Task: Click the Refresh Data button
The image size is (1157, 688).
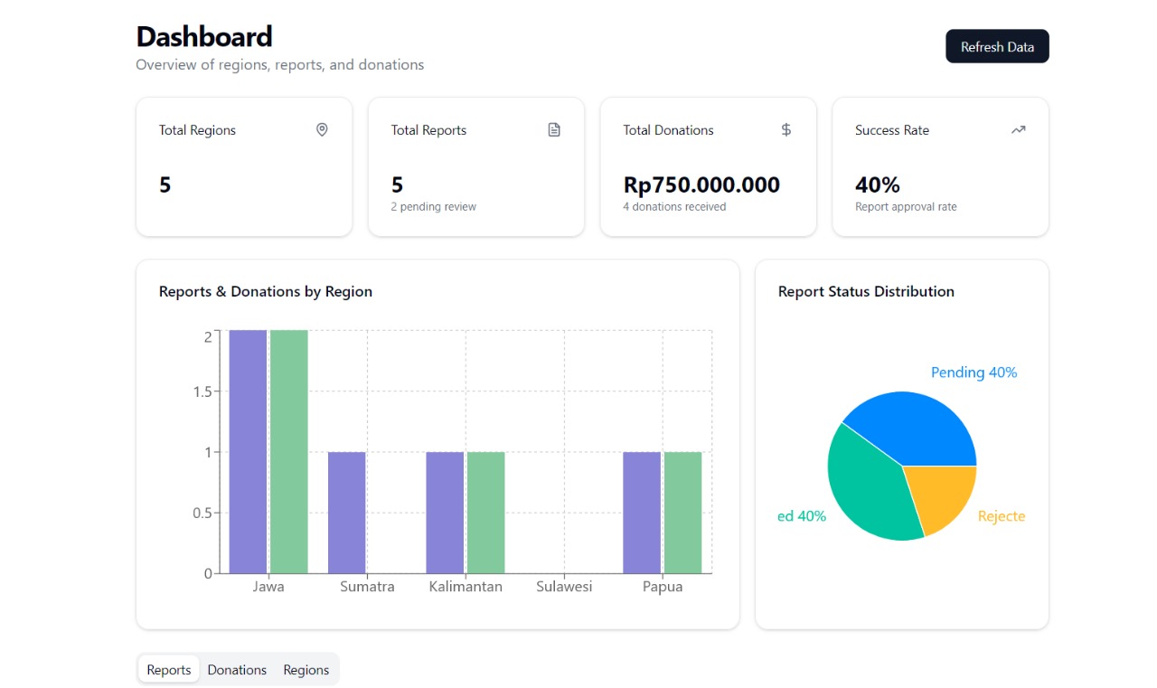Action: (x=997, y=47)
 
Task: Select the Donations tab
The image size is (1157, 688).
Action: (x=237, y=670)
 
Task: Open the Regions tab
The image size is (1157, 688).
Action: (x=306, y=670)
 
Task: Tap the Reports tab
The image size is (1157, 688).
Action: (x=169, y=670)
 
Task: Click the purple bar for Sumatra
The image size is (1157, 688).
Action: (x=347, y=513)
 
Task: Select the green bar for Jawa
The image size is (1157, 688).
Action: (x=289, y=452)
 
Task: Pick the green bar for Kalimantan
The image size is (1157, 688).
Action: (x=486, y=513)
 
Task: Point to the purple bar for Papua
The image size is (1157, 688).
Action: (x=642, y=513)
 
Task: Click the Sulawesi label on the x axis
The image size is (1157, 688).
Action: (x=564, y=587)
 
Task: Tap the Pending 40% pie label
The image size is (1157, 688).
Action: (x=974, y=372)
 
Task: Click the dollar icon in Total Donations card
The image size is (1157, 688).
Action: (x=786, y=130)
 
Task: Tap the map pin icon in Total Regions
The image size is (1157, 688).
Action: (x=322, y=130)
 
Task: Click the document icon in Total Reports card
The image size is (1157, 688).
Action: (x=554, y=130)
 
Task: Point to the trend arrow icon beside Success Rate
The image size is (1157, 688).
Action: (x=1019, y=130)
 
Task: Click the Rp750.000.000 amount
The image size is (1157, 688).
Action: (x=701, y=185)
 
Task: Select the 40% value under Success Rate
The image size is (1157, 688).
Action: (x=878, y=185)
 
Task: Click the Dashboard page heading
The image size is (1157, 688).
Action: (x=204, y=37)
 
